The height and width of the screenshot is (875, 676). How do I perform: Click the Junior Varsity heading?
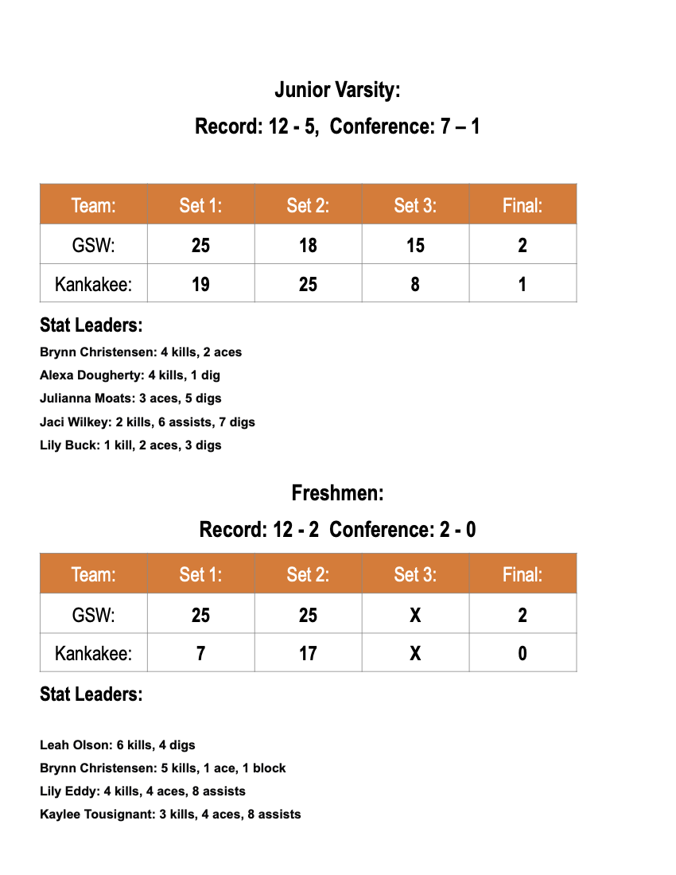(x=337, y=90)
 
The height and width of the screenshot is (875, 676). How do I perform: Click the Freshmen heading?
(x=337, y=493)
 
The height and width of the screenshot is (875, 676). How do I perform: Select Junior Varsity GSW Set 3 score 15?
(x=415, y=245)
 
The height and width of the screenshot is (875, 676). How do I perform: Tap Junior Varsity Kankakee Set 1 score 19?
(x=200, y=284)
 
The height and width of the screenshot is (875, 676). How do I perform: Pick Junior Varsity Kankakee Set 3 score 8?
(x=415, y=284)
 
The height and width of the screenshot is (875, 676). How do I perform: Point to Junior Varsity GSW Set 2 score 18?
(x=308, y=245)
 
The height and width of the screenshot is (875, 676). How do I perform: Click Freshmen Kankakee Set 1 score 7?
(x=200, y=654)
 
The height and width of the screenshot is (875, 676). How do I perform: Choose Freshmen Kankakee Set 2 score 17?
(x=308, y=654)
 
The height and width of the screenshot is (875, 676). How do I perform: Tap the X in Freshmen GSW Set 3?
(x=415, y=615)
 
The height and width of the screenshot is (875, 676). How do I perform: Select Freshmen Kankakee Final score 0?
(x=523, y=654)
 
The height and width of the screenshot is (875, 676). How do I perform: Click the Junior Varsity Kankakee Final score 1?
(x=523, y=284)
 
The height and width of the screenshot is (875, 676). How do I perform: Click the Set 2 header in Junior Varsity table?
(x=308, y=205)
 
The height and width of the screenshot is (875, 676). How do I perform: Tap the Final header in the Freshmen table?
(x=523, y=574)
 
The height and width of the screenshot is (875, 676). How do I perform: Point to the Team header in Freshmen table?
(x=93, y=574)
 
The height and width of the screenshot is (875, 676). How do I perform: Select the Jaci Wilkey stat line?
(x=147, y=422)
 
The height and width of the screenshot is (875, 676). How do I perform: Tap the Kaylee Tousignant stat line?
(x=170, y=814)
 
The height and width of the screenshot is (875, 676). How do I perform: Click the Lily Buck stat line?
(x=130, y=445)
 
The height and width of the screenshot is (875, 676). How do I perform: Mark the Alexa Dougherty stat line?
(x=130, y=375)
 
